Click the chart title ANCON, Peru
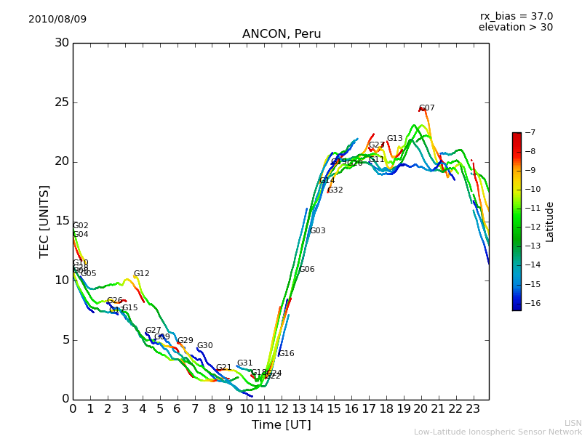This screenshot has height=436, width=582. (282, 34)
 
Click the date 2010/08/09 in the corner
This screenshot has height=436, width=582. (57, 20)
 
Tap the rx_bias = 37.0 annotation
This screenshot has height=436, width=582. (516, 17)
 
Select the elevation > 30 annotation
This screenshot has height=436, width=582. (516, 28)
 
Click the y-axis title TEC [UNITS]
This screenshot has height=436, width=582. (44, 221)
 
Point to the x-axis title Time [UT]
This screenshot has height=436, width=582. (281, 424)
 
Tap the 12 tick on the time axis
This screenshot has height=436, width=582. (282, 408)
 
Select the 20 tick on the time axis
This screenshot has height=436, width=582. (420, 408)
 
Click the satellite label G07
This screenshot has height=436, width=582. (427, 108)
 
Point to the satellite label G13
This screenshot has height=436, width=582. (394, 139)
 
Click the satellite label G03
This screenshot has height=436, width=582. (318, 231)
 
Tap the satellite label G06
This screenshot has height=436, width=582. (307, 270)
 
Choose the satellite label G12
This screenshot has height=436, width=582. (141, 274)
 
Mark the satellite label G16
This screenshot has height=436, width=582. (286, 354)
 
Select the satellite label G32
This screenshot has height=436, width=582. (335, 190)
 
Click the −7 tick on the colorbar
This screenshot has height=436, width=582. (529, 133)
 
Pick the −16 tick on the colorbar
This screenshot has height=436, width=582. (531, 304)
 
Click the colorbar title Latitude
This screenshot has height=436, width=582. (550, 222)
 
